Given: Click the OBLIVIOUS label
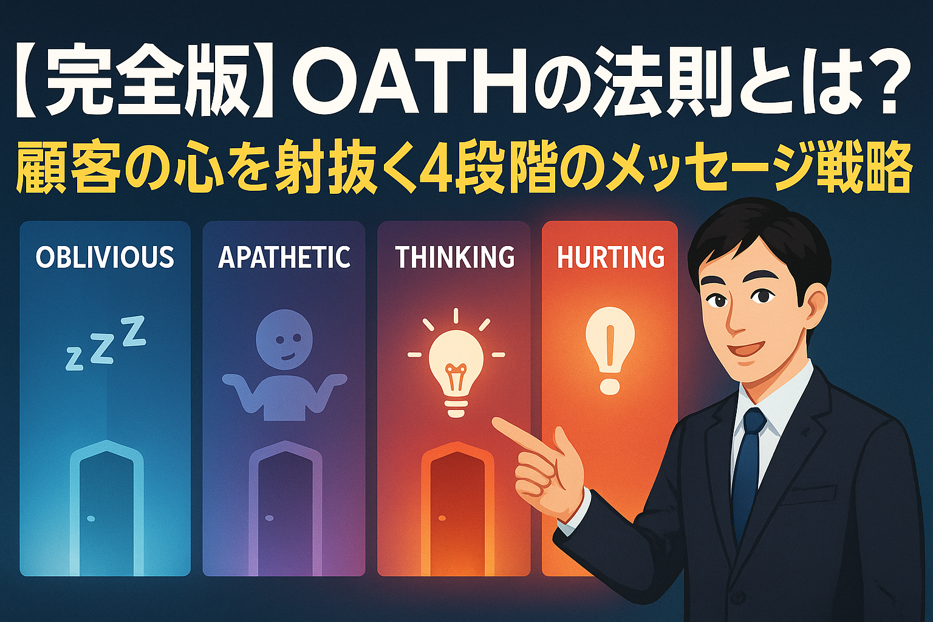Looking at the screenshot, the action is click(x=105, y=256).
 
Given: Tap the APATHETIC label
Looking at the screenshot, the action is click(x=284, y=256).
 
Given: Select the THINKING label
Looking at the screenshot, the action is click(x=455, y=256).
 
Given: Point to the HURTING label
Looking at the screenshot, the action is click(x=610, y=256).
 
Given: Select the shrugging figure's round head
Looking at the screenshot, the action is click(x=284, y=339).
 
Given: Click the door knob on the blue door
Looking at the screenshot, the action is click(x=91, y=519).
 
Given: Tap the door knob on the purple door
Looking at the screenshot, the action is click(x=270, y=518).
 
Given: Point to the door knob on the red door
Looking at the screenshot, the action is click(x=442, y=518).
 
